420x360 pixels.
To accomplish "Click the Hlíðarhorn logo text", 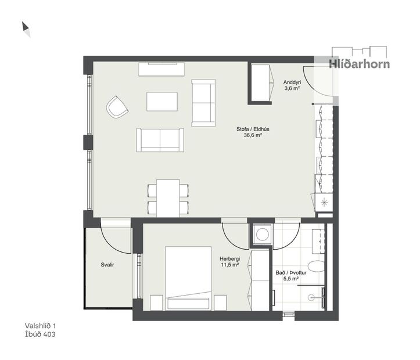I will point(359,64).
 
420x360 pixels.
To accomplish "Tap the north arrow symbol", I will point(26,29).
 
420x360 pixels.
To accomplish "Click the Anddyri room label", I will point(292,82).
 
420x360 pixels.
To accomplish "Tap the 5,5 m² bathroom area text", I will point(287,279).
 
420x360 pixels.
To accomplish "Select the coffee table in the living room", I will point(161,101).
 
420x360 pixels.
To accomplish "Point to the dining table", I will point(168,197).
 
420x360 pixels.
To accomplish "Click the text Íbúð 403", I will point(40,334).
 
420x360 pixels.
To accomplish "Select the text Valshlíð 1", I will point(41,326).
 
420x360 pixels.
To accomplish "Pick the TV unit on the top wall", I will point(161,69).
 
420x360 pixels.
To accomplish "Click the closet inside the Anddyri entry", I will point(261,82).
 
